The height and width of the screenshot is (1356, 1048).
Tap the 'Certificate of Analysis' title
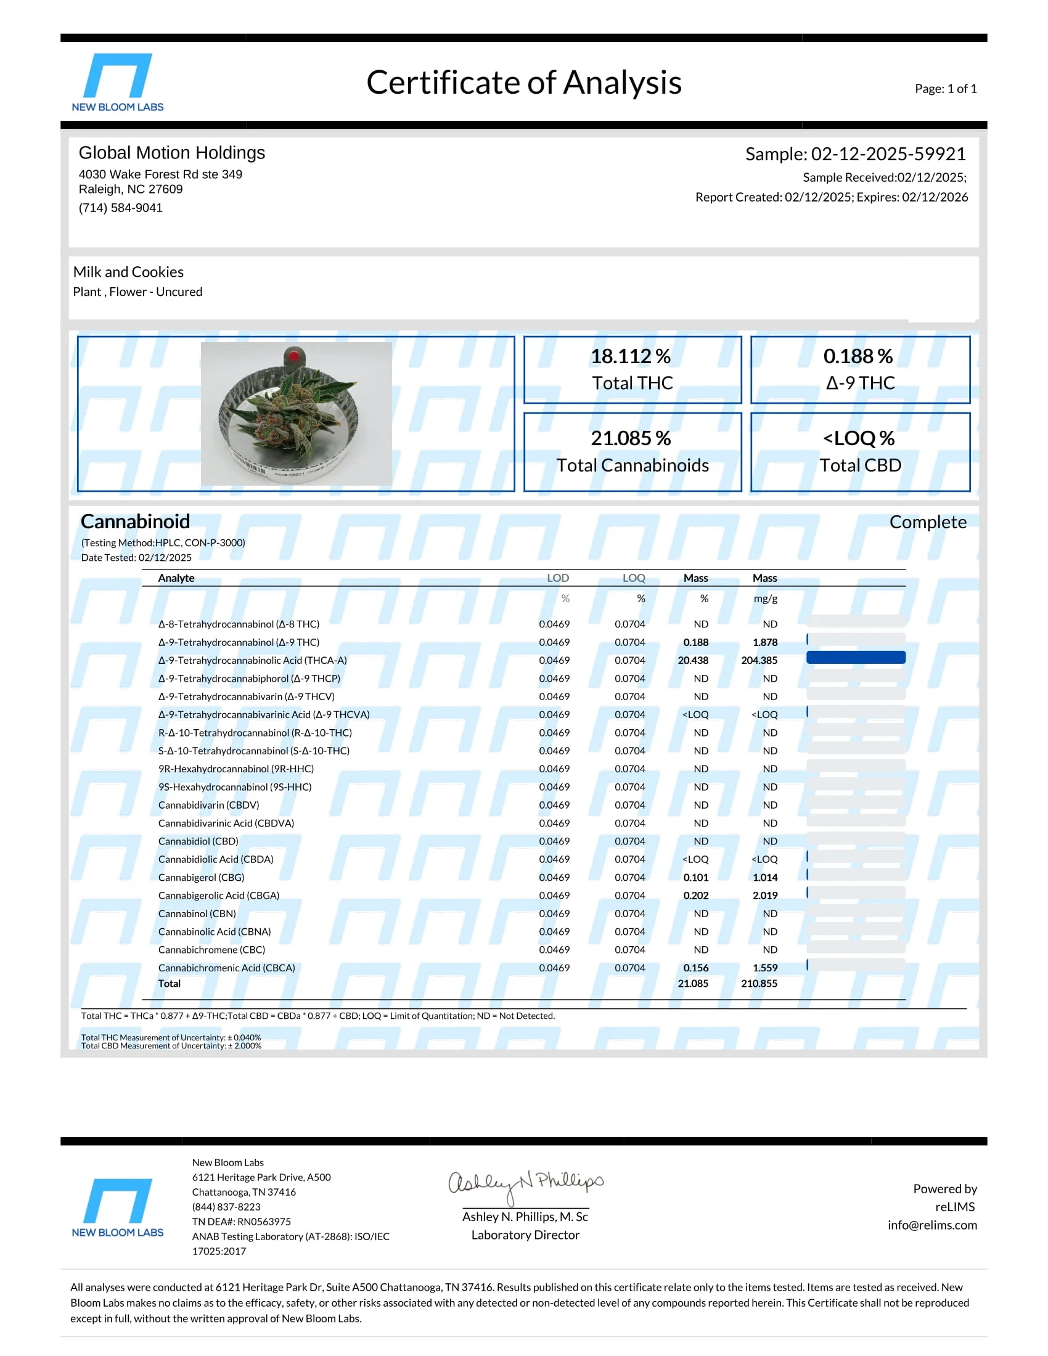point(523,83)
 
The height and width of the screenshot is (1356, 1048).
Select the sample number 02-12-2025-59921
point(888,154)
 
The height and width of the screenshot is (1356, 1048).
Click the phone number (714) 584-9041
point(120,208)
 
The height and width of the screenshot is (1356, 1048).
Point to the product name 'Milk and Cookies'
point(128,272)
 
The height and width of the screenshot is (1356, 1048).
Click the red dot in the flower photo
point(294,356)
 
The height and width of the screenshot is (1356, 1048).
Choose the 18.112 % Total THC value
point(630,356)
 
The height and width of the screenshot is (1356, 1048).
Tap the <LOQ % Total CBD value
point(859,438)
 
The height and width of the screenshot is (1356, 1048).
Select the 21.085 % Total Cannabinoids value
point(630,438)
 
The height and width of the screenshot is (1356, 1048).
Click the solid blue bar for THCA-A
point(856,658)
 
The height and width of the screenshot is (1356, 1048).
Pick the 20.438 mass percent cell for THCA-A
point(693,661)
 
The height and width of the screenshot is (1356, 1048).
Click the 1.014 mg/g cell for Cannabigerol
point(765,877)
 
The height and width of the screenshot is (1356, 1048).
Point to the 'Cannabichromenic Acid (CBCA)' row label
point(227,968)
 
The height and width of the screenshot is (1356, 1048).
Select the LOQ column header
point(634,578)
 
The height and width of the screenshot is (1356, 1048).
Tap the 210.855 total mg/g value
point(759,984)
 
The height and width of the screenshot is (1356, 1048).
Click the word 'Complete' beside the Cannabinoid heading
point(928,522)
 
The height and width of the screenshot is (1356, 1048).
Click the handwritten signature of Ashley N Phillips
point(525,1183)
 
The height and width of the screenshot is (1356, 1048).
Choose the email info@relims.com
point(932,1225)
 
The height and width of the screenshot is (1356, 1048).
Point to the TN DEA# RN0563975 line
point(241,1222)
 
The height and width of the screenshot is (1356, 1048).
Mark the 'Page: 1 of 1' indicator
point(946,89)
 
